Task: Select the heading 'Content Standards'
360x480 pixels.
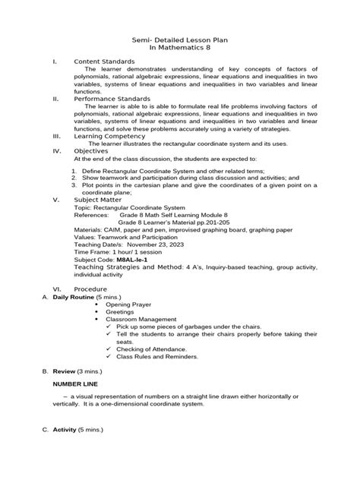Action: (103, 61)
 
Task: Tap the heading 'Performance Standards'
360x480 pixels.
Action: (112, 99)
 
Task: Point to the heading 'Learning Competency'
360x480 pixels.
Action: (109, 136)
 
